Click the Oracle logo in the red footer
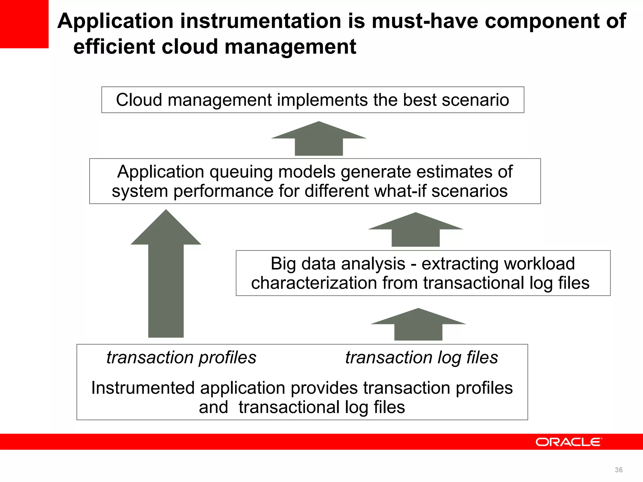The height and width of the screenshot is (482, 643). (x=569, y=442)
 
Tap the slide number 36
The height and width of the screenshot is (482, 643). (x=619, y=470)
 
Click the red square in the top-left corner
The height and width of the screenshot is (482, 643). (x=24, y=24)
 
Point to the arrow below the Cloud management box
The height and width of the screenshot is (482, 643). (x=319, y=139)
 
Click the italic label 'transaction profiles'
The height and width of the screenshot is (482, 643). (x=181, y=357)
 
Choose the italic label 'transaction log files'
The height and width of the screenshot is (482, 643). (x=421, y=357)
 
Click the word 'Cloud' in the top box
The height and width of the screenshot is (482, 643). (x=139, y=100)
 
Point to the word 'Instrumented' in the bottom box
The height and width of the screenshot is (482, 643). (x=143, y=388)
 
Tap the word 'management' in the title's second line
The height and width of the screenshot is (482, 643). (x=290, y=47)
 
